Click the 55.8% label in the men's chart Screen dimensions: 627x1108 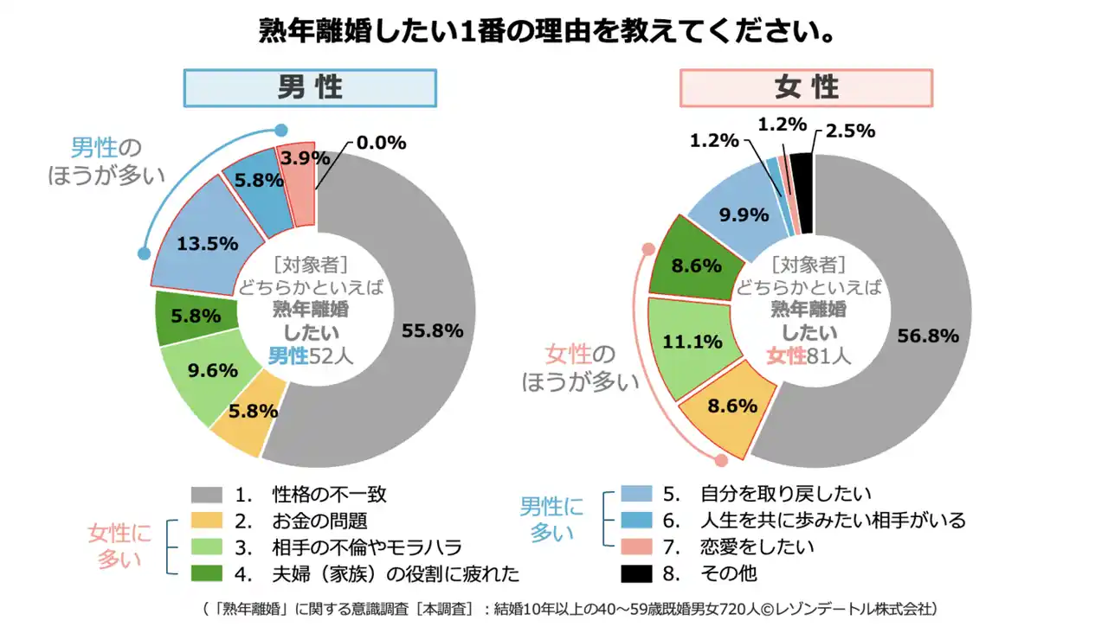point(432,330)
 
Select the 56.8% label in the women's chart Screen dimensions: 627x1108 point(927,336)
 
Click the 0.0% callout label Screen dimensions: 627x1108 point(380,143)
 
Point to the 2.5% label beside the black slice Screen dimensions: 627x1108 point(849,131)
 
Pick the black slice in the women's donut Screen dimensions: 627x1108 point(802,192)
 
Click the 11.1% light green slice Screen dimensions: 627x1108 point(692,342)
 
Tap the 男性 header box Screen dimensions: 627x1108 point(310,87)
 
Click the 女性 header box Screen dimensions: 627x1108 point(806,87)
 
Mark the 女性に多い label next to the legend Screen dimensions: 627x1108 point(119,547)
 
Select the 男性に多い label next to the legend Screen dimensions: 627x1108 point(552,520)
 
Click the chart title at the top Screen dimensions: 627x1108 point(547,32)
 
